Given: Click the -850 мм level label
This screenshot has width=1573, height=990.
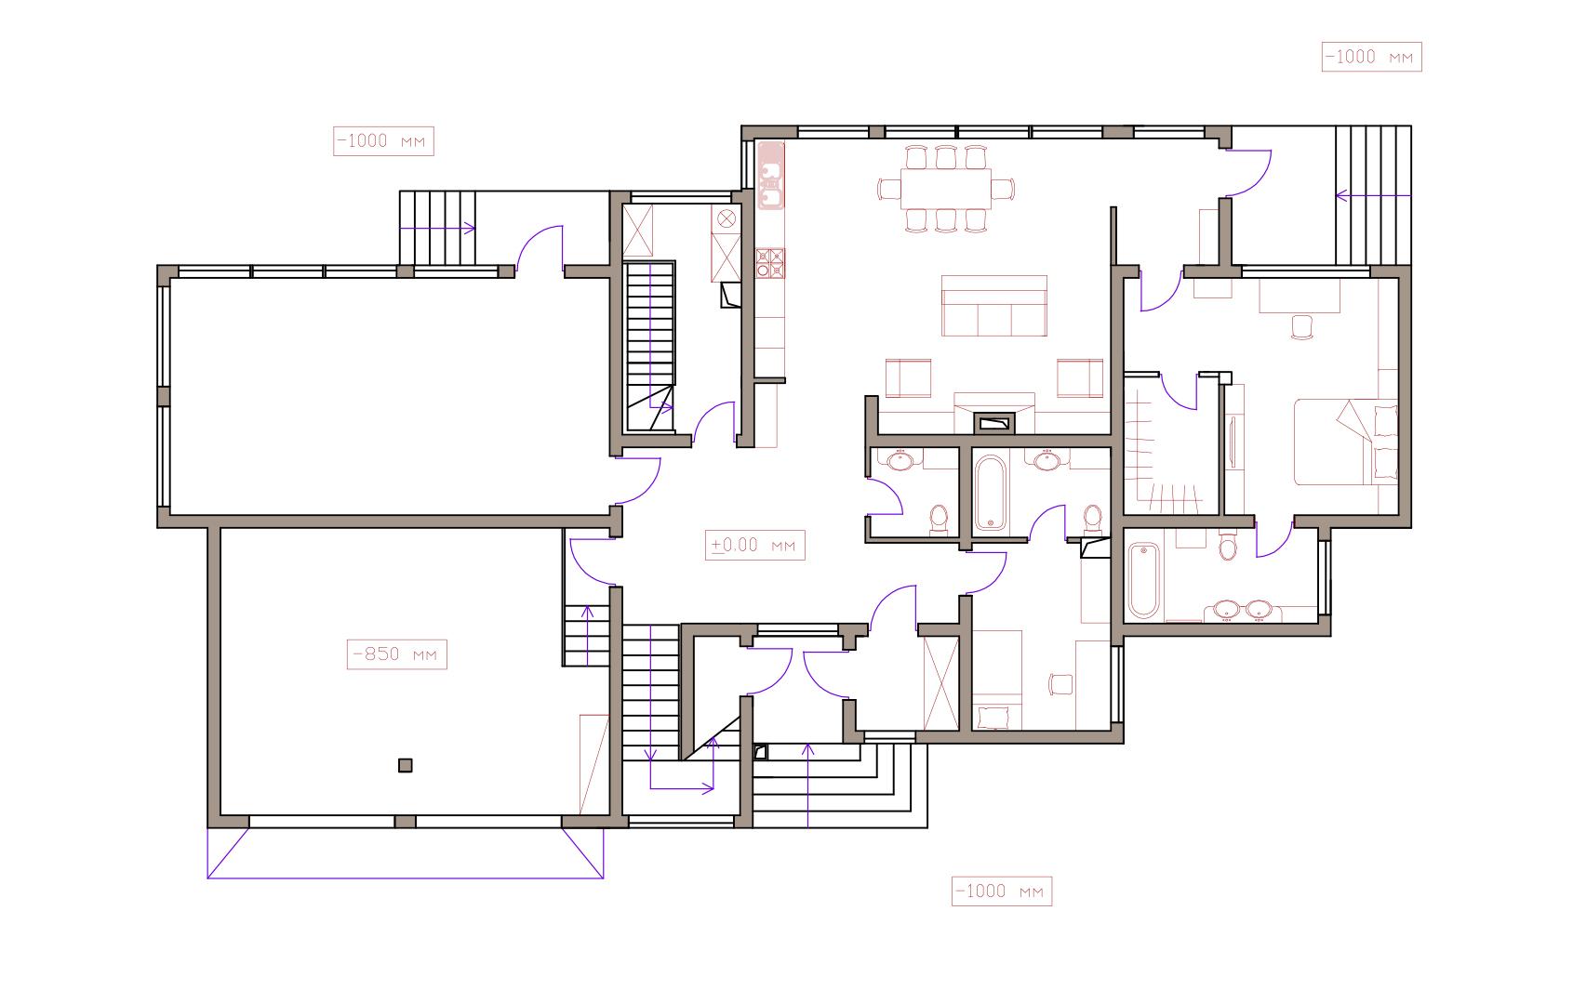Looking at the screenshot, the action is tap(397, 654).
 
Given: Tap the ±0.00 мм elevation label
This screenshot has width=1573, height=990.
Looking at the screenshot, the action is tap(755, 545).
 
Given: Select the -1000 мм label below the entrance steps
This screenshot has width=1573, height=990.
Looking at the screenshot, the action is tap(1002, 891).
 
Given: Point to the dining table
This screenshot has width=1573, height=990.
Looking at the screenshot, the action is tap(945, 189).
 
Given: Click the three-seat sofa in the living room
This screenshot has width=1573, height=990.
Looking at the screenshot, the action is tap(993, 306).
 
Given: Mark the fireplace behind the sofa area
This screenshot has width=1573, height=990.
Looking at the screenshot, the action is tap(993, 422).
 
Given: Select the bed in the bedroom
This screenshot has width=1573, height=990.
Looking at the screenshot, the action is tap(1345, 442).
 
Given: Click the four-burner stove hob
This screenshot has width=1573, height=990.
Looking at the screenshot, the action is tap(770, 263).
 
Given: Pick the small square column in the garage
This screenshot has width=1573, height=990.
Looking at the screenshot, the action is tap(406, 765).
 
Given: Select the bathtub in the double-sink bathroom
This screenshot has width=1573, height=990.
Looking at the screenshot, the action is tap(1143, 580).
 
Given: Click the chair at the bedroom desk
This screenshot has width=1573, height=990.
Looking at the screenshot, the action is tap(1302, 327).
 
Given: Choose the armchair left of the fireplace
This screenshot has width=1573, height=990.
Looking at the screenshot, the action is tap(908, 378).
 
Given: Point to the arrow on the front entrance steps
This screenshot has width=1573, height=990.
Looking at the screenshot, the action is tap(807, 785).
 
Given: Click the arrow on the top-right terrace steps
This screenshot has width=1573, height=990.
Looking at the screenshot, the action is tap(1373, 196).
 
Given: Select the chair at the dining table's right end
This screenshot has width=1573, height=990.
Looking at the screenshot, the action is tap(1004, 189).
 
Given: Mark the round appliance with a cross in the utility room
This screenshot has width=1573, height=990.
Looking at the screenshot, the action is tap(727, 218).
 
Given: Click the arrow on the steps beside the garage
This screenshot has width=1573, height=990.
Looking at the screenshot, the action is tap(587, 636).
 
